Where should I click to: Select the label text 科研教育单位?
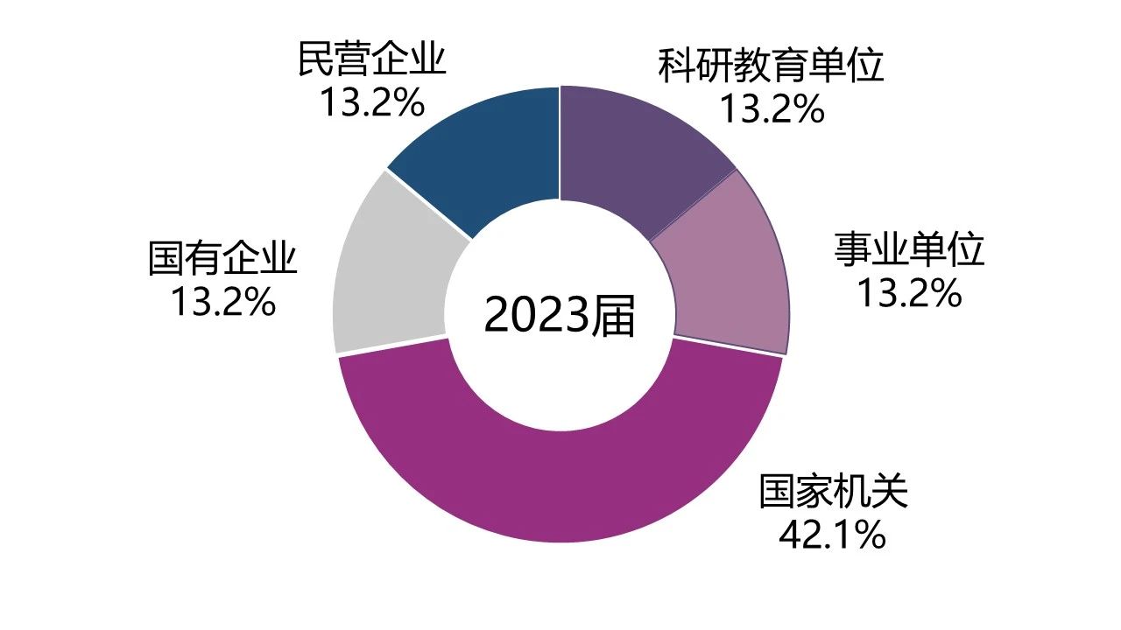772,66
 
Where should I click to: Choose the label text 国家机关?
834,492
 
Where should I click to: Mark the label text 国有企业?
223,259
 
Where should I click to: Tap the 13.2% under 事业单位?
909,293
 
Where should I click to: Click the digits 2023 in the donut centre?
536,315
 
